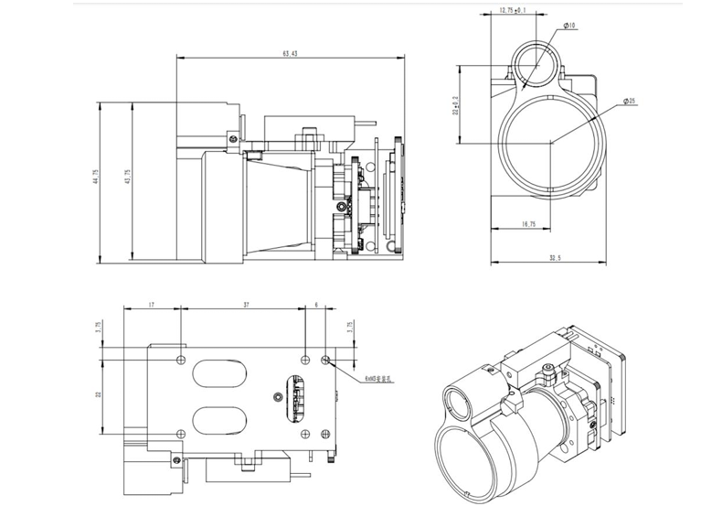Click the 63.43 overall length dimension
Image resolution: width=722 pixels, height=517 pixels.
pyautogui.click(x=290, y=53)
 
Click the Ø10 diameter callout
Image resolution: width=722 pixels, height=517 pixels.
pyautogui.click(x=569, y=27)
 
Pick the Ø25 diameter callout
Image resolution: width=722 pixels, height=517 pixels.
pyautogui.click(x=630, y=100)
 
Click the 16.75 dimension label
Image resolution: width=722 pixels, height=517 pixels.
pyautogui.click(x=526, y=223)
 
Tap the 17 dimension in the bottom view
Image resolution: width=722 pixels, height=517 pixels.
pyautogui.click(x=150, y=305)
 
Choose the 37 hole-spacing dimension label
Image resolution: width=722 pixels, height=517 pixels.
pyautogui.click(x=245, y=305)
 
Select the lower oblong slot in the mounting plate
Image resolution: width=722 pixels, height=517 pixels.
pyautogui.click(x=219, y=421)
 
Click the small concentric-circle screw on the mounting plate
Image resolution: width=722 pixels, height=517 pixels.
pyautogui.click(x=278, y=396)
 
